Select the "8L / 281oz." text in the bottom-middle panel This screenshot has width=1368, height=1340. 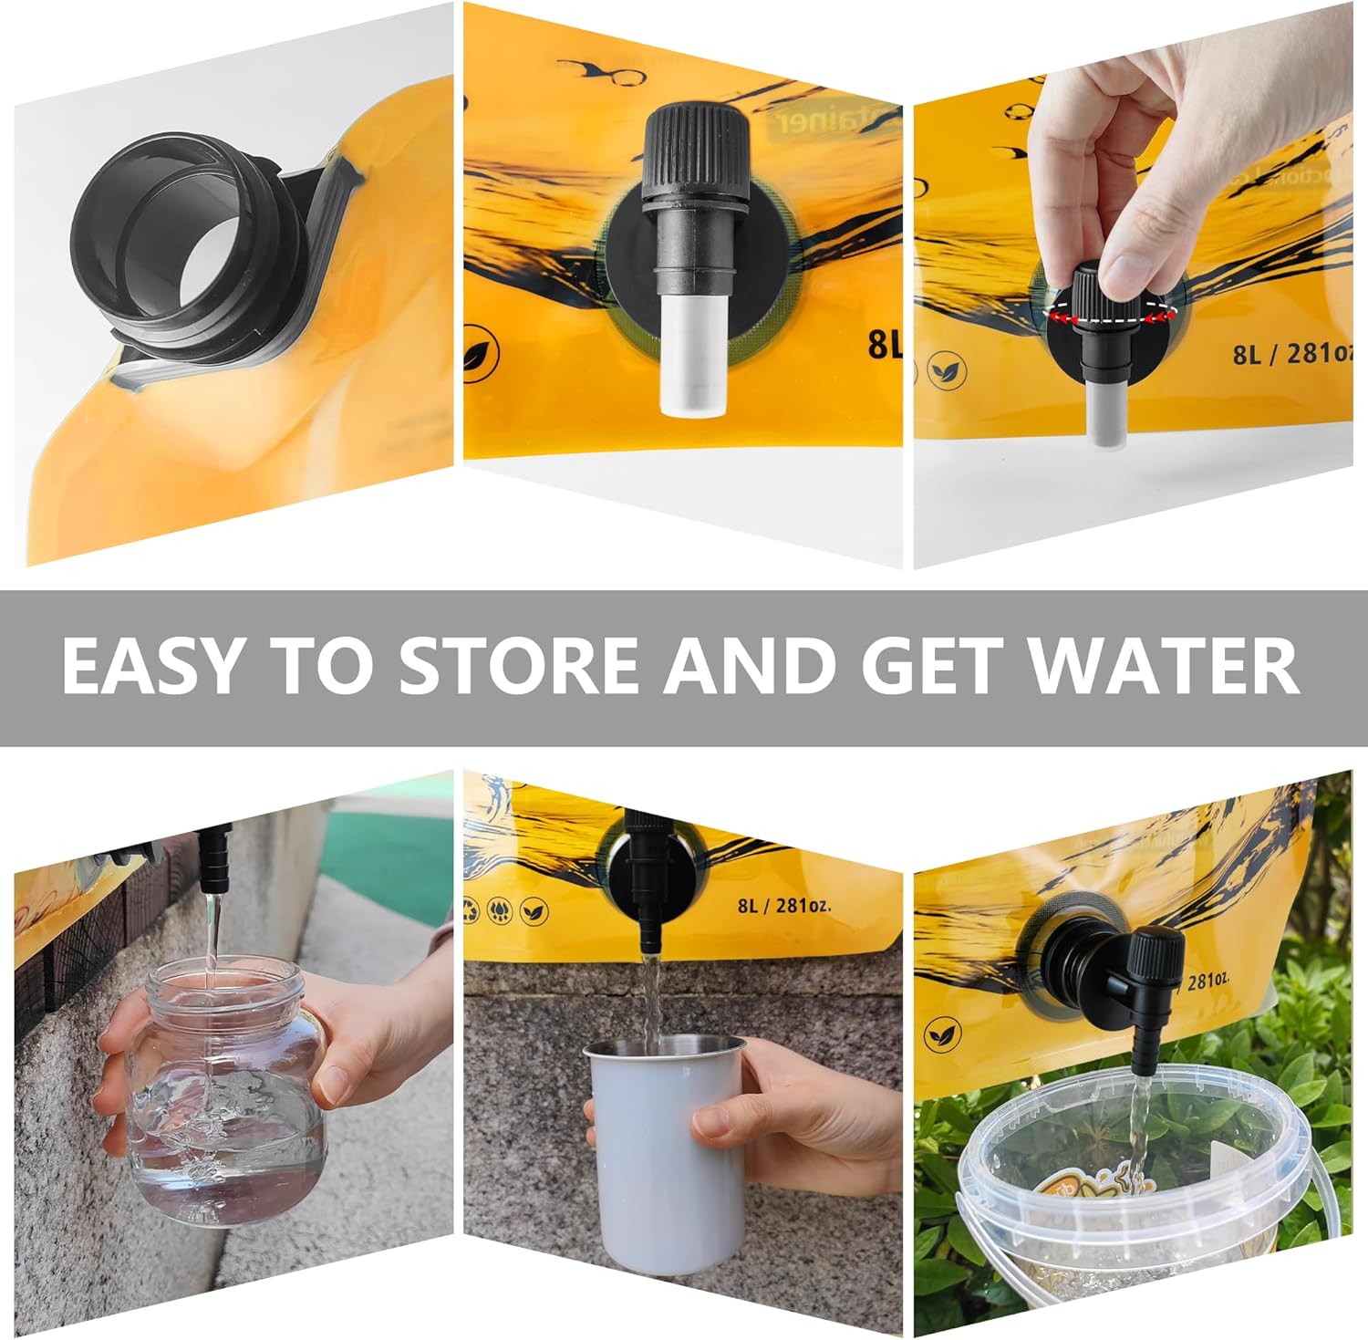(783, 906)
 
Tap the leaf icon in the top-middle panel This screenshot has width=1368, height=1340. (476, 358)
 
